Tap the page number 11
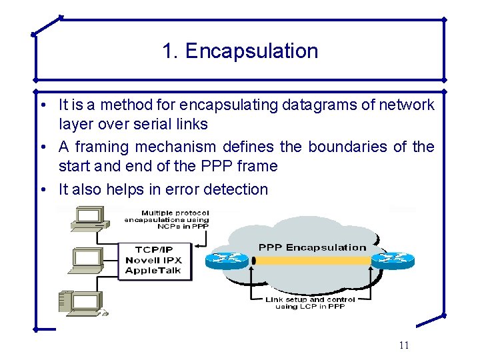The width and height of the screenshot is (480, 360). click(x=403, y=345)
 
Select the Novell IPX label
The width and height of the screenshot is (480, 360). click(x=153, y=260)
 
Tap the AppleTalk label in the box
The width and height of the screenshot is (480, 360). click(x=153, y=271)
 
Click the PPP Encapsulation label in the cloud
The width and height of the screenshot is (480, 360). click(x=312, y=247)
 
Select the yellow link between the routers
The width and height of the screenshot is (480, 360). click(x=311, y=261)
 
